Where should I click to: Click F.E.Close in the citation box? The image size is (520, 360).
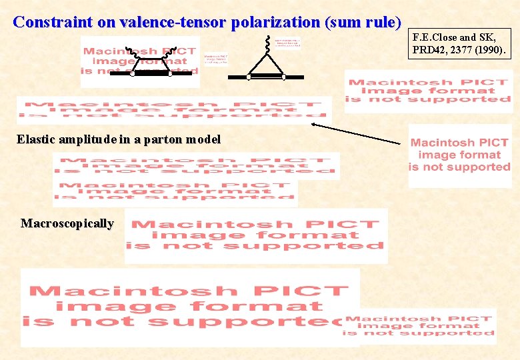click(x=437, y=37)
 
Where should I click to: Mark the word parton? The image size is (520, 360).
click(x=159, y=139)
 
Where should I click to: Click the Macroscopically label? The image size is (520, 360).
click(x=67, y=223)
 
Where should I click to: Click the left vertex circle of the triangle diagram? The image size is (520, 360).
click(x=249, y=77)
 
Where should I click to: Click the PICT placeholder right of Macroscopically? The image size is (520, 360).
click(x=257, y=235)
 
